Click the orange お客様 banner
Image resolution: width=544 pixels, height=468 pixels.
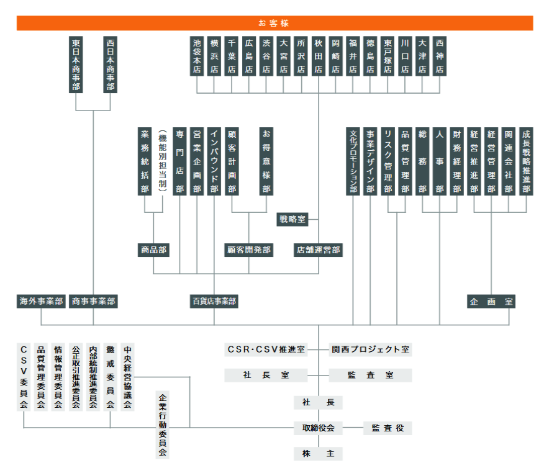274,23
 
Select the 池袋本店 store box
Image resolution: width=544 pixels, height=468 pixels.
197,56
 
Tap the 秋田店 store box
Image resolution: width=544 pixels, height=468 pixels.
319,56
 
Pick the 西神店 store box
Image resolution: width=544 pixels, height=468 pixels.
440,56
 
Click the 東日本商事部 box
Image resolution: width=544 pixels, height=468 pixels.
76,65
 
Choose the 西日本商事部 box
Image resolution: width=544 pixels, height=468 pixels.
110,65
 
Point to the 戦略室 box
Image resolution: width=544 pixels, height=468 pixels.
292,219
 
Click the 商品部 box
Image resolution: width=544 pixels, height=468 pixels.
153,250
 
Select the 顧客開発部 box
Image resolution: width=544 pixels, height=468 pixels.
249,250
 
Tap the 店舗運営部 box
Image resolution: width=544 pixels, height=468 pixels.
318,250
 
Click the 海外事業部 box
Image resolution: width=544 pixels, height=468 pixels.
41,301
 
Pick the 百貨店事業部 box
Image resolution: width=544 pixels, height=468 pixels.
214,301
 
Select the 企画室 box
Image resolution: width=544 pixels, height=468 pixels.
491,301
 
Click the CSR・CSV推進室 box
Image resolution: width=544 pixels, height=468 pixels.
266,349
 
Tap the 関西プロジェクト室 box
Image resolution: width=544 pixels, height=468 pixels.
370,349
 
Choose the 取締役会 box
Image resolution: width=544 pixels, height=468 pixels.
318,428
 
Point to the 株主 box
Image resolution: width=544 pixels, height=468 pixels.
318,453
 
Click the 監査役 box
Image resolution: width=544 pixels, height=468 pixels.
388,428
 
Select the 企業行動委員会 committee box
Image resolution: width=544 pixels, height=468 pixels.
163,425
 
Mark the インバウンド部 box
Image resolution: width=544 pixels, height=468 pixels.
214,161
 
